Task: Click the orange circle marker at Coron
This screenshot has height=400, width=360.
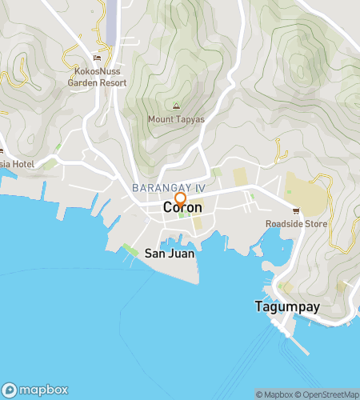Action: coord(181,199)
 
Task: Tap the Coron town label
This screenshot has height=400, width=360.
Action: coord(182,208)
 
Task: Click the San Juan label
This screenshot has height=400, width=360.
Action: coord(170,254)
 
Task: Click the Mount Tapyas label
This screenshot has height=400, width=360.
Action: coord(177,121)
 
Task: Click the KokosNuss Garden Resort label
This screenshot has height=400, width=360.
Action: coord(97,76)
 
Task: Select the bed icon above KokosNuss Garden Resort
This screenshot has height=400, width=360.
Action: coord(98,58)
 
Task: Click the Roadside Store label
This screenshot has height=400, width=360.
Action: coord(297,224)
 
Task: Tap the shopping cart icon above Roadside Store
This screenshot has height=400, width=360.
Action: coord(296,211)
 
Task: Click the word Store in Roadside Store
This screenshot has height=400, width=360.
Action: coord(314,224)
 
